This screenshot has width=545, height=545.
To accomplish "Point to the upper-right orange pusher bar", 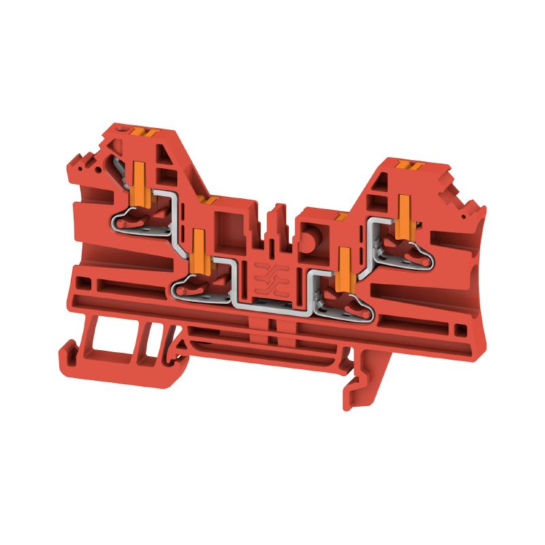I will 405,213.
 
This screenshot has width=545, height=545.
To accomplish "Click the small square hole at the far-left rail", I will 83,281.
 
